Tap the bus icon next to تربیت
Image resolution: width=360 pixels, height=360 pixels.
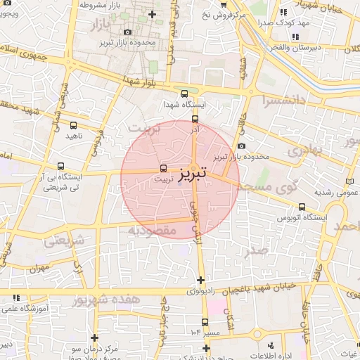coord(164,169)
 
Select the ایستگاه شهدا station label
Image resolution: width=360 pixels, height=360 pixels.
coord(184,105)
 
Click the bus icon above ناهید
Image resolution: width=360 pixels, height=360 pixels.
coord(73,126)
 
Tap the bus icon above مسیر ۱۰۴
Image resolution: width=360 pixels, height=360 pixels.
coord(205,323)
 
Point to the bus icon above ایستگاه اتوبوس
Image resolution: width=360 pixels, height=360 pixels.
coord(302,207)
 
